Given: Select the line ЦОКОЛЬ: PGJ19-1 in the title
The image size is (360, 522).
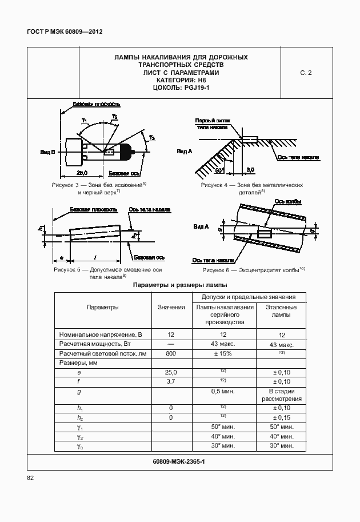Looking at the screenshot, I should [181, 89].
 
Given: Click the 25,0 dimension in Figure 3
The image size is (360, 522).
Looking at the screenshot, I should [82, 172].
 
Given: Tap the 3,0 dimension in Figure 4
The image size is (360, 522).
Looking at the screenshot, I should [250, 170].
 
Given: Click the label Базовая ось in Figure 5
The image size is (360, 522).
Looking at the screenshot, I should [153, 258].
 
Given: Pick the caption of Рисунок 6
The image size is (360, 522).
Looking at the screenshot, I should [254, 269].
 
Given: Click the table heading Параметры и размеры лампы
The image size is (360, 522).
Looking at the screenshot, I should [180, 285].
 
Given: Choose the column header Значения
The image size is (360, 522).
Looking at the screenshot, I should [171, 307].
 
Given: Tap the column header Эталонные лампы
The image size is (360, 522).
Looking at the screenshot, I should [281, 311].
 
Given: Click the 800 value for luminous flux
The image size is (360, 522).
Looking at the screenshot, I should [171, 354].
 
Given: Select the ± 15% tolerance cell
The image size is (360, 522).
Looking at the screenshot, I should [224, 354].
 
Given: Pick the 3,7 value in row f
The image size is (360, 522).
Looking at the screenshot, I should [171, 381].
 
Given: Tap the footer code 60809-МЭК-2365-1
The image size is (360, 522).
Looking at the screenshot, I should [179, 461].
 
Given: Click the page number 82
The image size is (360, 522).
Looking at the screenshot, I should [31, 478].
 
